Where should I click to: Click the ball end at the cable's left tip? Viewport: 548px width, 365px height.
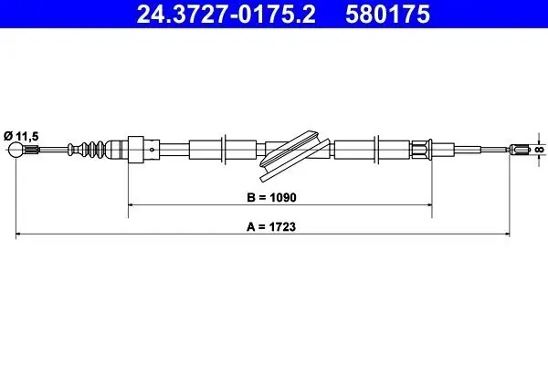[x=17, y=150]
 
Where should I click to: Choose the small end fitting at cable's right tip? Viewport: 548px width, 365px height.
[x=522, y=150]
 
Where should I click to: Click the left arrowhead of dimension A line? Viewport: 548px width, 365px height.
[x=21, y=235]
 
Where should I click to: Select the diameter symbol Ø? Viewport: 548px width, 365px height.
[x=7, y=133]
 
